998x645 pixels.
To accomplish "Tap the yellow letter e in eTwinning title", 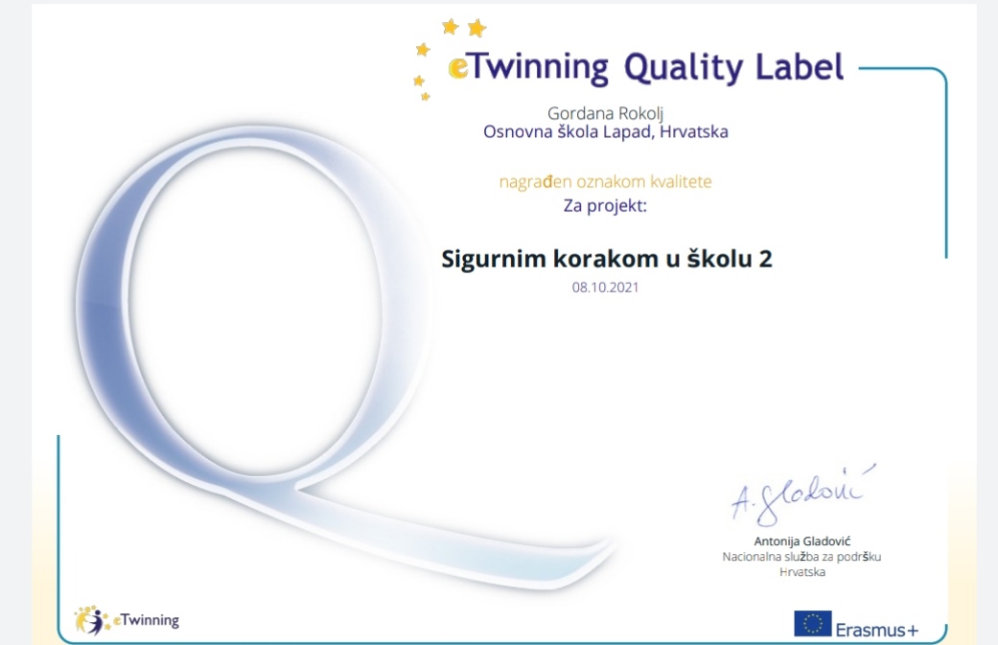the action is pos(457,68).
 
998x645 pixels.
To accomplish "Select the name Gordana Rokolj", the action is pos(605,114).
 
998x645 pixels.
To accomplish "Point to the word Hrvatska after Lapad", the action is pos(694,131).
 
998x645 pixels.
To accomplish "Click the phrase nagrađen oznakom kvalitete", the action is pos(605,182).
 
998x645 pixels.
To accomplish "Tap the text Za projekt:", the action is pos(605,206).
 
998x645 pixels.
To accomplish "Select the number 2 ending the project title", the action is pos(765,259).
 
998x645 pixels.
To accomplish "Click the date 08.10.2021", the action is pos(605,287).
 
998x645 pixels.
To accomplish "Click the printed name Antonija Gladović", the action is pos(802,541).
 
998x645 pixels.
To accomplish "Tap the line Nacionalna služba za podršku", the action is pos(802,557).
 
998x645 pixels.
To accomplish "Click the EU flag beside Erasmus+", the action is pos(813,623).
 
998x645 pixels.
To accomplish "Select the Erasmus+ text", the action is pos(877,630).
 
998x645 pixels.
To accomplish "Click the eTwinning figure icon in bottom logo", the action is pos(90,620).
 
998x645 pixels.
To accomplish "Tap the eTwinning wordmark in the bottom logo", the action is pos(146,620).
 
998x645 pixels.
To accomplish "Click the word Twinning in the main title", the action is pos(538,68).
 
